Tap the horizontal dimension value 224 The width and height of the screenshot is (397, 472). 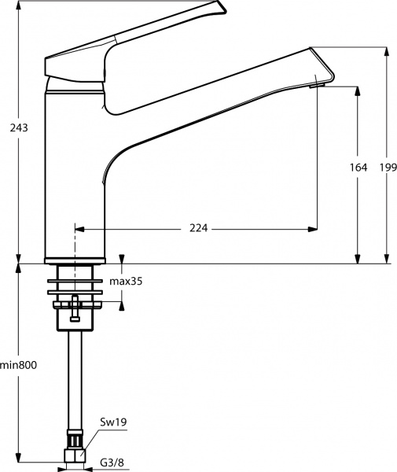tap(198, 228)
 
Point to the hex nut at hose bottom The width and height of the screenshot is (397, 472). tap(75, 455)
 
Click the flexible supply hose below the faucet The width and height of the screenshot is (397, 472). tap(75, 378)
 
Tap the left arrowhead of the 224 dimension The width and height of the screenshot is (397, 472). tap(79, 228)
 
